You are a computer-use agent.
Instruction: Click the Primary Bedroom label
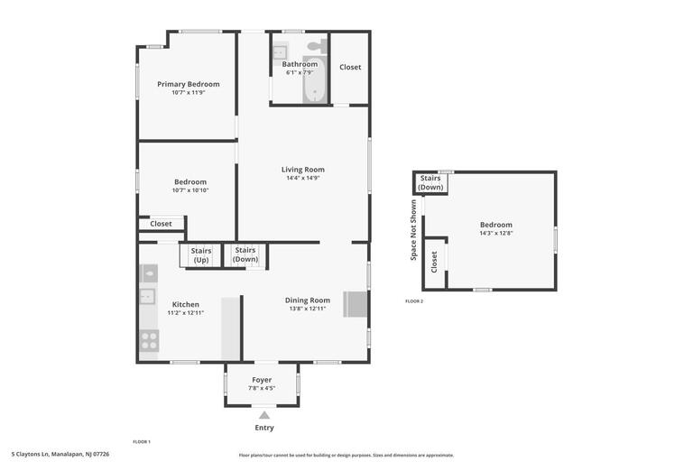pyautogui.click(x=188, y=84)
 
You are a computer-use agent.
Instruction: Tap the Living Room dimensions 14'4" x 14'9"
pyautogui.click(x=302, y=178)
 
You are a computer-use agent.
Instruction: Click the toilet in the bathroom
pyautogui.click(x=316, y=47)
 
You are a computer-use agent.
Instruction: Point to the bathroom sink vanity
pyautogui.click(x=281, y=51)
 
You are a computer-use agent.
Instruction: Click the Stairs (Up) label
pyautogui.click(x=201, y=254)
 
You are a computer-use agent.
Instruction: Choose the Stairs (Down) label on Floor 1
pyautogui.click(x=245, y=254)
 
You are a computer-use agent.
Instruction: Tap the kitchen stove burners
pyautogui.click(x=149, y=341)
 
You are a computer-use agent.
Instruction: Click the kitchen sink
pyautogui.click(x=148, y=295)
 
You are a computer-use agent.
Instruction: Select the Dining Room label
pyautogui.click(x=308, y=300)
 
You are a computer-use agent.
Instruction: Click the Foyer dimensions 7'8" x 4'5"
pyautogui.click(x=262, y=388)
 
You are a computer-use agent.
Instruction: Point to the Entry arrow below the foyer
pyautogui.click(x=263, y=415)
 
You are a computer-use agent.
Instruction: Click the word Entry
pyautogui.click(x=263, y=428)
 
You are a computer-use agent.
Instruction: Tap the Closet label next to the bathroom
pyautogui.click(x=350, y=67)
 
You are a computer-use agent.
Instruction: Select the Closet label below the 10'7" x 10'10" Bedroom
pyautogui.click(x=161, y=224)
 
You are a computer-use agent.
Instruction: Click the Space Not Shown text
pyautogui.click(x=414, y=230)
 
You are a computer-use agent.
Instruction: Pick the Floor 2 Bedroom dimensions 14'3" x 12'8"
pyautogui.click(x=495, y=233)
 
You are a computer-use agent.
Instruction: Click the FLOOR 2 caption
pyautogui.click(x=414, y=300)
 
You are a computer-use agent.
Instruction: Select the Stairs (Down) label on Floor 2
pyautogui.click(x=430, y=182)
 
